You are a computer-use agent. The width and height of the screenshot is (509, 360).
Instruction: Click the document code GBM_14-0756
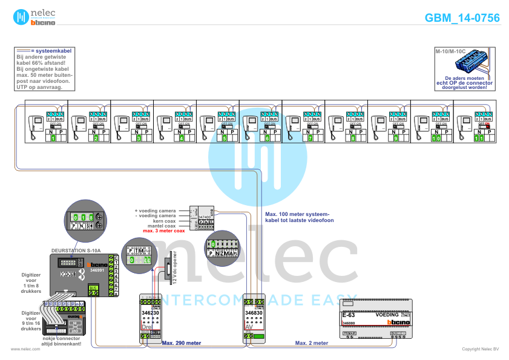point(462,18)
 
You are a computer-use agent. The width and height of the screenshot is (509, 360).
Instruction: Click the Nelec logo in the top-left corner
point(34,17)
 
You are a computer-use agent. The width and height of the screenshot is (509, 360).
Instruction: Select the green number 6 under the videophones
point(267,139)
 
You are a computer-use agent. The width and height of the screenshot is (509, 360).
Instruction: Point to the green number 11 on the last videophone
point(480,139)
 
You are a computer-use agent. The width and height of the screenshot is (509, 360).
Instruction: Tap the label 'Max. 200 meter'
point(181,342)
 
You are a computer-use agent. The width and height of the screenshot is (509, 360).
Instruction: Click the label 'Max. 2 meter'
point(311,342)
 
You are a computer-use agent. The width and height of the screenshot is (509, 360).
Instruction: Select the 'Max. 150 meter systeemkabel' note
point(297,217)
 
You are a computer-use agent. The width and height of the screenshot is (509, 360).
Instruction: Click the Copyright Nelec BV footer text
point(480,349)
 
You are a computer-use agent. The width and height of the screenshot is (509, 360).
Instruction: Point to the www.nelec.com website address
point(25,349)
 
